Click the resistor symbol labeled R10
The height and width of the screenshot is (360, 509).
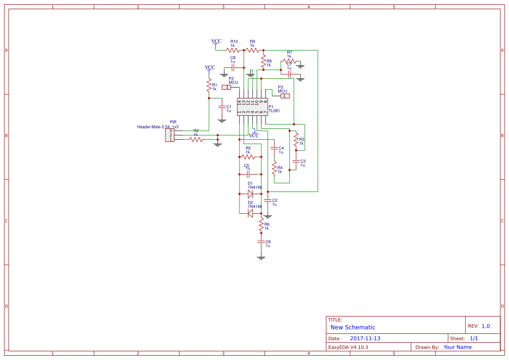point(233,50)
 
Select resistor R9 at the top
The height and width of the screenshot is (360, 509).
point(253,50)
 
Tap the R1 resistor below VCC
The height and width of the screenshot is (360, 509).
point(209,86)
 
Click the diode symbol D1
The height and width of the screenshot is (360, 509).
point(250,194)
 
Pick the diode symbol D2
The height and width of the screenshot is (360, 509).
point(250,213)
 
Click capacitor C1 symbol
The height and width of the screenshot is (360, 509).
point(222,107)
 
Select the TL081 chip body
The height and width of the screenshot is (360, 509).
point(253,107)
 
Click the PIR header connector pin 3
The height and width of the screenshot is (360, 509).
point(171,131)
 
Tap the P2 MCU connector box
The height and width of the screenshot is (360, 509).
point(227,87)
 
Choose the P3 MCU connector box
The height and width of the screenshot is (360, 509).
point(284,96)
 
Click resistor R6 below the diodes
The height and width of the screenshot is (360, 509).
point(261,225)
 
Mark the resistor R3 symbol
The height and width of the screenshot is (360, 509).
point(296,140)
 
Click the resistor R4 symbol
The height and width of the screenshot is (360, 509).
point(274,168)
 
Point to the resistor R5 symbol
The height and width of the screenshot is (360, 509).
point(250,157)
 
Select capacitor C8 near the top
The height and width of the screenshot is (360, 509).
point(233,68)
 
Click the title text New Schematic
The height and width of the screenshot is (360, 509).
point(353,327)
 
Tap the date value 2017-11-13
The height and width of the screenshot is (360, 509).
point(365,338)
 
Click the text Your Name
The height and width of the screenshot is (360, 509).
point(457,347)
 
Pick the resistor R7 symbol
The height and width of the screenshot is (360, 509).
point(289,61)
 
